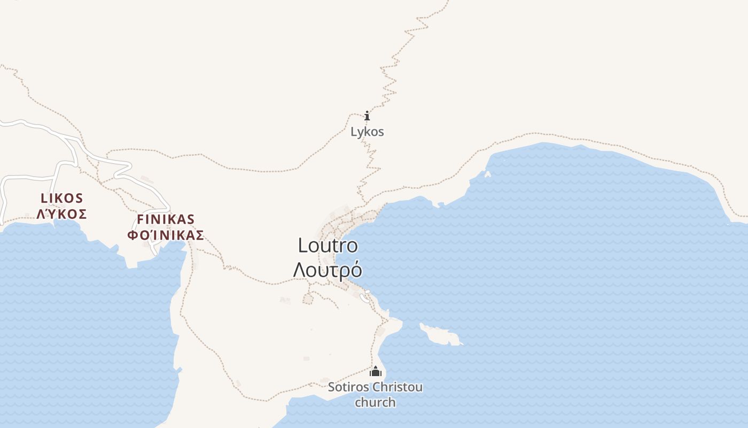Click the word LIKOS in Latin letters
pos(62,198)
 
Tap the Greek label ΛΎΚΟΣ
pos(62,214)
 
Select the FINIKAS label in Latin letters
pos(166,219)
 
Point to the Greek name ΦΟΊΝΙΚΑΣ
pos(166,235)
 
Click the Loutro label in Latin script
pos(328,246)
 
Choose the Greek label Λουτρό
pos(328,269)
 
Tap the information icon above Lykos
pos(367,116)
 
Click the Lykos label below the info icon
pos(367,132)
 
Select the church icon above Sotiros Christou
pos(376,371)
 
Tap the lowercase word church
pos(376,402)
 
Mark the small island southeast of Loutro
pos(441,334)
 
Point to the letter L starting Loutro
pos(303,246)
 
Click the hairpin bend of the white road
pos(116,176)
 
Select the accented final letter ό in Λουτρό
pos(356,269)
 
